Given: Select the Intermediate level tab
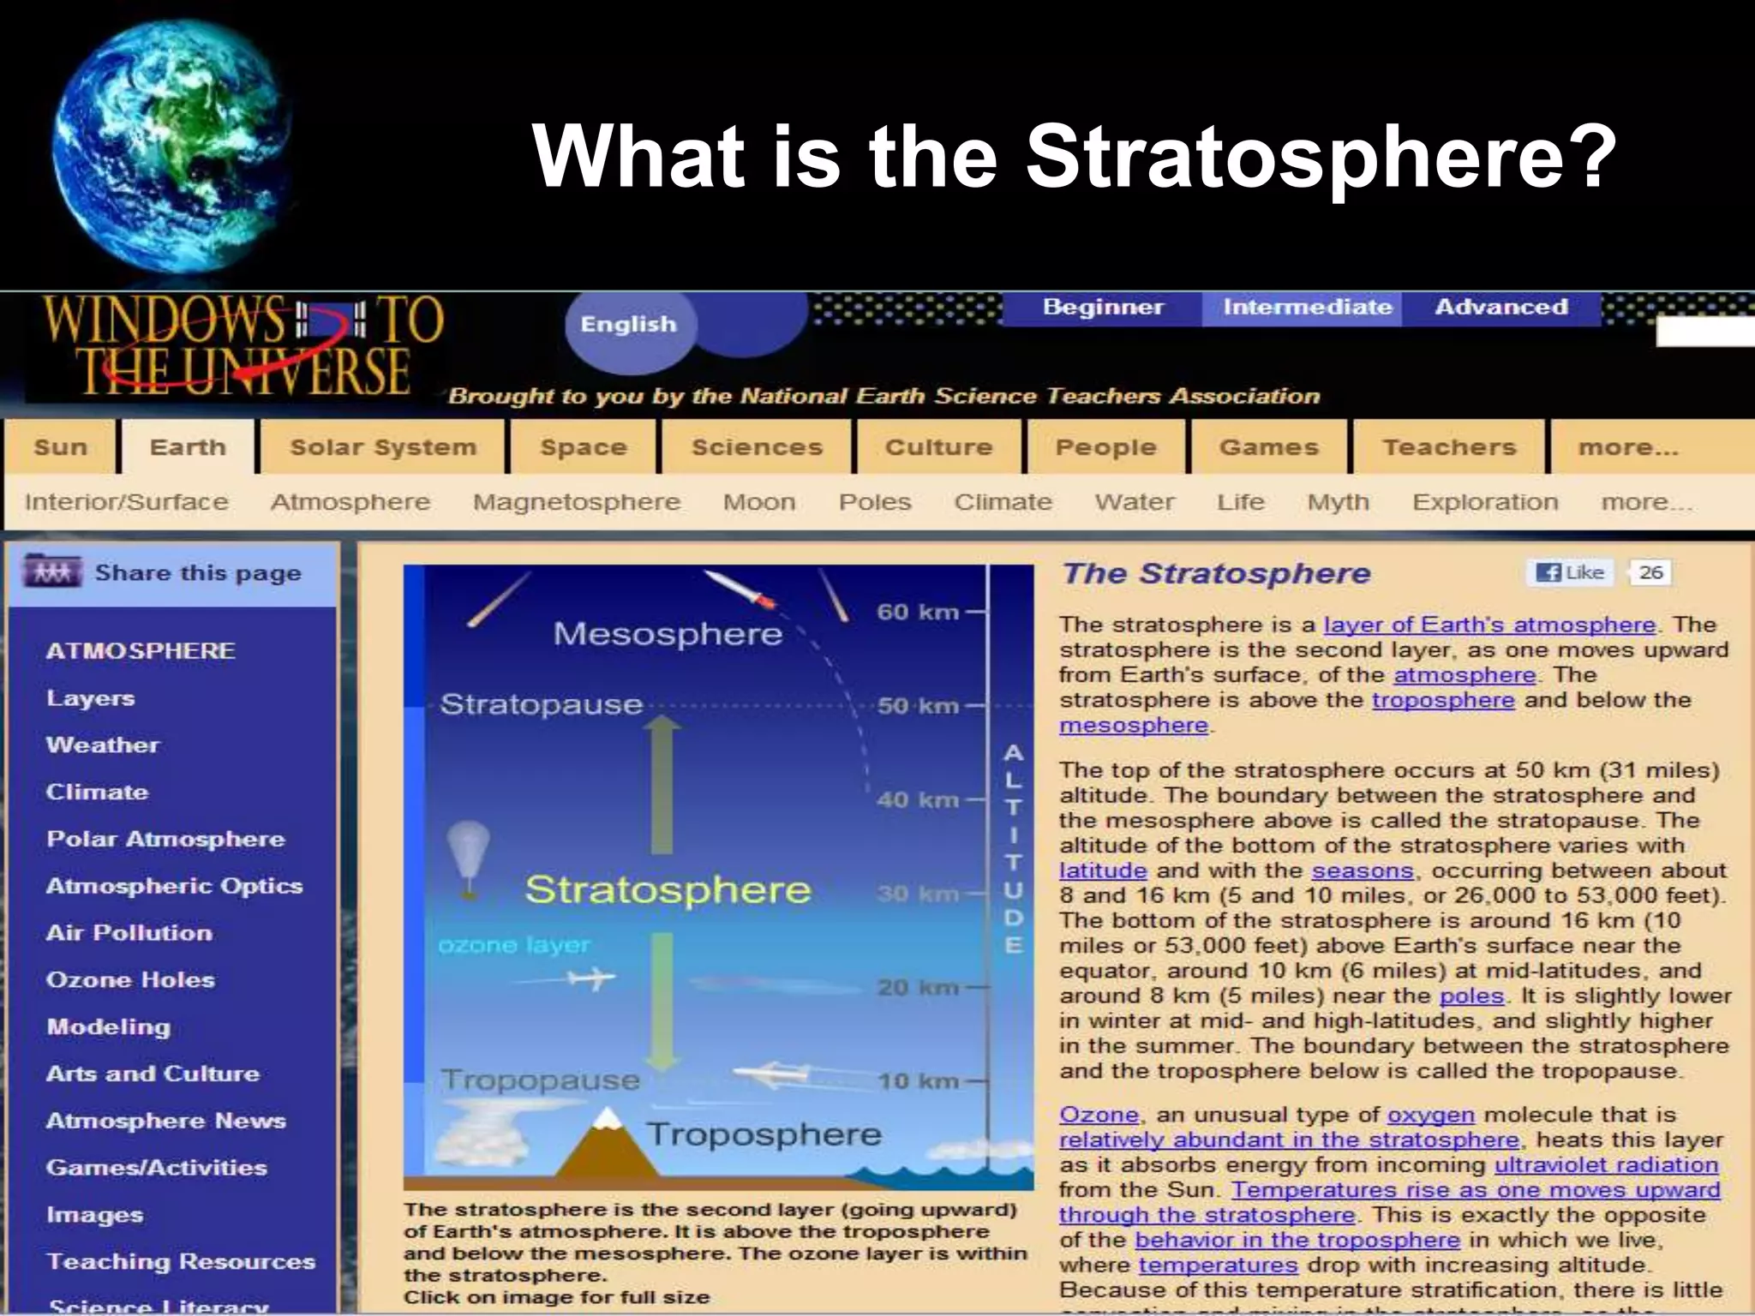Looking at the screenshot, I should point(1307,308).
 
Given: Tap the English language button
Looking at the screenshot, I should point(628,325).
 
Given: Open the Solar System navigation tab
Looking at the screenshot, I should point(382,447).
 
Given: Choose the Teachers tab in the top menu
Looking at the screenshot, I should point(1449,447).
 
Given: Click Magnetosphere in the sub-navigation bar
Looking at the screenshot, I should point(576,502).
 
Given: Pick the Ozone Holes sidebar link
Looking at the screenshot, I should point(130,979).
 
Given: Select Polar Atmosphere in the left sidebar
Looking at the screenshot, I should point(165,839).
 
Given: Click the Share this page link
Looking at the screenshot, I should point(197,573).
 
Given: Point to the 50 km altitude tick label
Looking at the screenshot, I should point(917,706).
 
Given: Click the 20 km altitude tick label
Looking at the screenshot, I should point(917,987).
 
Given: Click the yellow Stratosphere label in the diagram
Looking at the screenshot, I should point(668,889).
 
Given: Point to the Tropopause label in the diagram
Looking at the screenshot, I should point(540,1080).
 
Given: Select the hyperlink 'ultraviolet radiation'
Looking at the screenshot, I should point(1606,1165).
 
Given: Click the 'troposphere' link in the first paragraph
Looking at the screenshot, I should point(1443,700).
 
